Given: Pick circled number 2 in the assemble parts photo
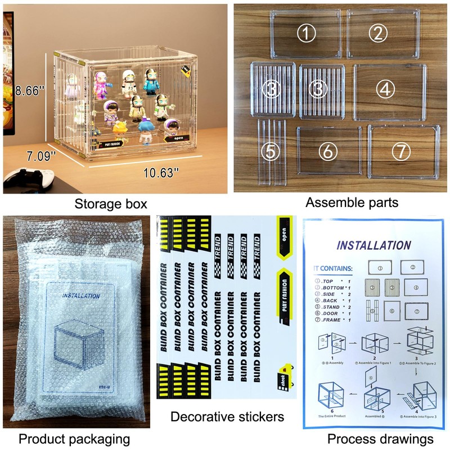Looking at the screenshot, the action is [x=378, y=33].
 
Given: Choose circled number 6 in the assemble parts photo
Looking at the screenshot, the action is [x=327, y=151].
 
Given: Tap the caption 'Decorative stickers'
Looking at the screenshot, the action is [x=227, y=417].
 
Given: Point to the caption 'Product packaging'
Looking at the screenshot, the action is [x=74, y=438].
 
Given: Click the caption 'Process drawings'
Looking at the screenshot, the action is [x=380, y=438].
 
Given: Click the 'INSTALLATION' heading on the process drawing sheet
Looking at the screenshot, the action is [x=373, y=245].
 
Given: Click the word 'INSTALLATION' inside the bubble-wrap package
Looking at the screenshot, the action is [x=81, y=295].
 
